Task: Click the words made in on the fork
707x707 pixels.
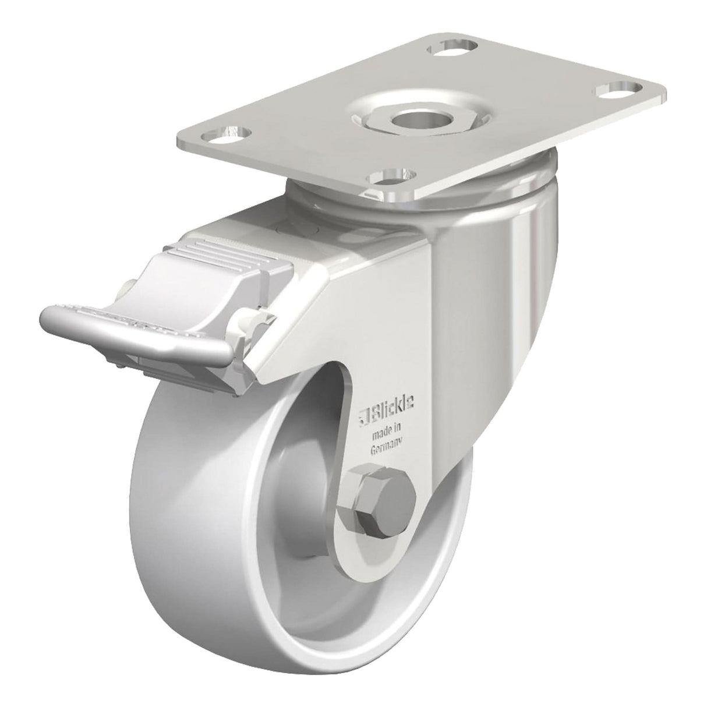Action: point(387,432)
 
